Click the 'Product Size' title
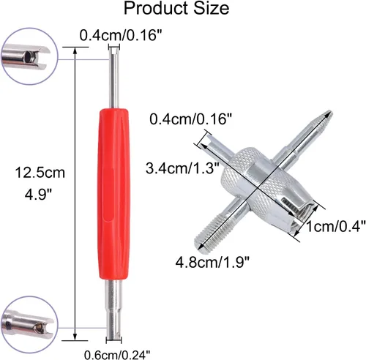(176, 8)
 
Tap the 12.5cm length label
(40, 173)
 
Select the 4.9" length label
(39, 195)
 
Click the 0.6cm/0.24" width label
(117, 354)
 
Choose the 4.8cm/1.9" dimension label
(212, 263)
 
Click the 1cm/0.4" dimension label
(336, 226)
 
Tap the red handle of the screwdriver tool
(113, 194)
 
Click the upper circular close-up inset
(29, 56)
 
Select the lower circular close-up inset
(29, 325)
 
